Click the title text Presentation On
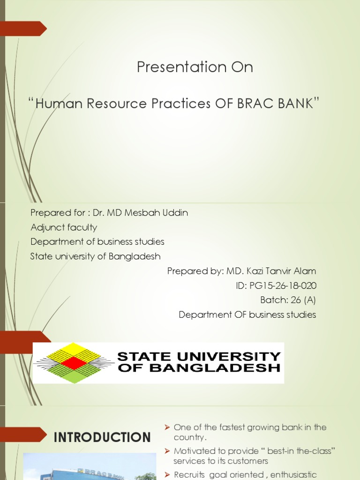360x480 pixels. (x=195, y=67)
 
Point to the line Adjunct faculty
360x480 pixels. (x=64, y=227)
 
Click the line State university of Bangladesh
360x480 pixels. (x=95, y=256)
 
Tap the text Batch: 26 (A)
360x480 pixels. (x=288, y=300)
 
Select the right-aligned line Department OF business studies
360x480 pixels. (x=247, y=315)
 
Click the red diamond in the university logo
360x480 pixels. (x=74, y=363)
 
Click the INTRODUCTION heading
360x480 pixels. (x=102, y=437)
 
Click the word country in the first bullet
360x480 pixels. (x=190, y=438)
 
